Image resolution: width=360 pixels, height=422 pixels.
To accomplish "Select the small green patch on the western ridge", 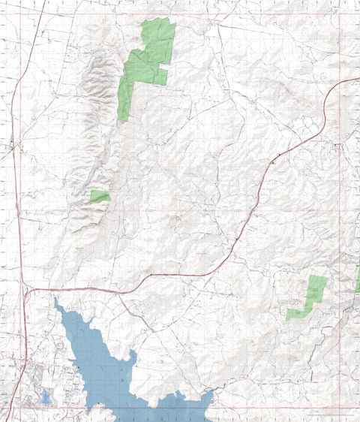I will point(100,196).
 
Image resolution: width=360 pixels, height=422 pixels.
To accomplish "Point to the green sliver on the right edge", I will point(358,281).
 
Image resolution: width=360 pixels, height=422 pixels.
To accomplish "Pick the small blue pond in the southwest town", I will point(46,396).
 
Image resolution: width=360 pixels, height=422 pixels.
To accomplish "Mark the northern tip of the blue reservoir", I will point(55,301).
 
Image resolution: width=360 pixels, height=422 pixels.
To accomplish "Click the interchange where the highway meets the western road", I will point(25,288).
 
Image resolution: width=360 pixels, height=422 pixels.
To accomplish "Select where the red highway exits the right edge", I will point(358,78).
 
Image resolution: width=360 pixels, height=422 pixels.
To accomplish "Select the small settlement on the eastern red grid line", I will point(338,145).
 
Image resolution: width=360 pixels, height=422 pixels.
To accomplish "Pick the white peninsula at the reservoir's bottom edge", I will point(102,411).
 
